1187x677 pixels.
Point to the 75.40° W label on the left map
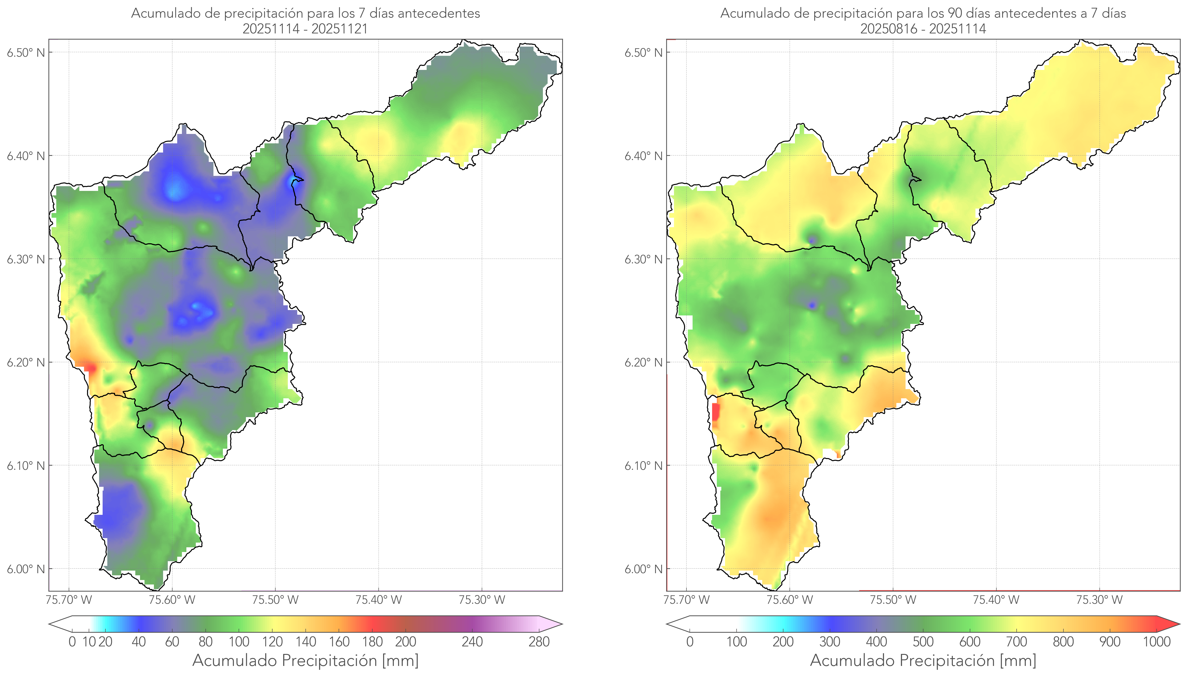coord(378,600)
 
